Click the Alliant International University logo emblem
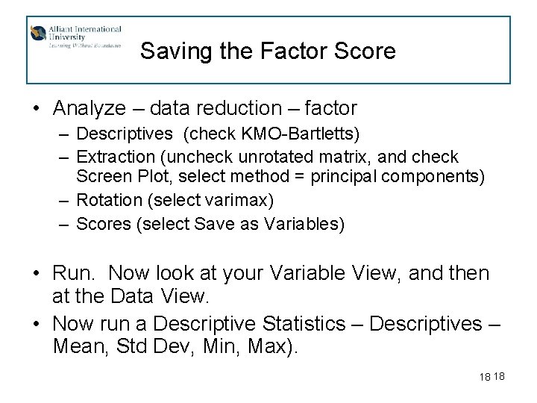(38, 34)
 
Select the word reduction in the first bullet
(232, 108)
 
